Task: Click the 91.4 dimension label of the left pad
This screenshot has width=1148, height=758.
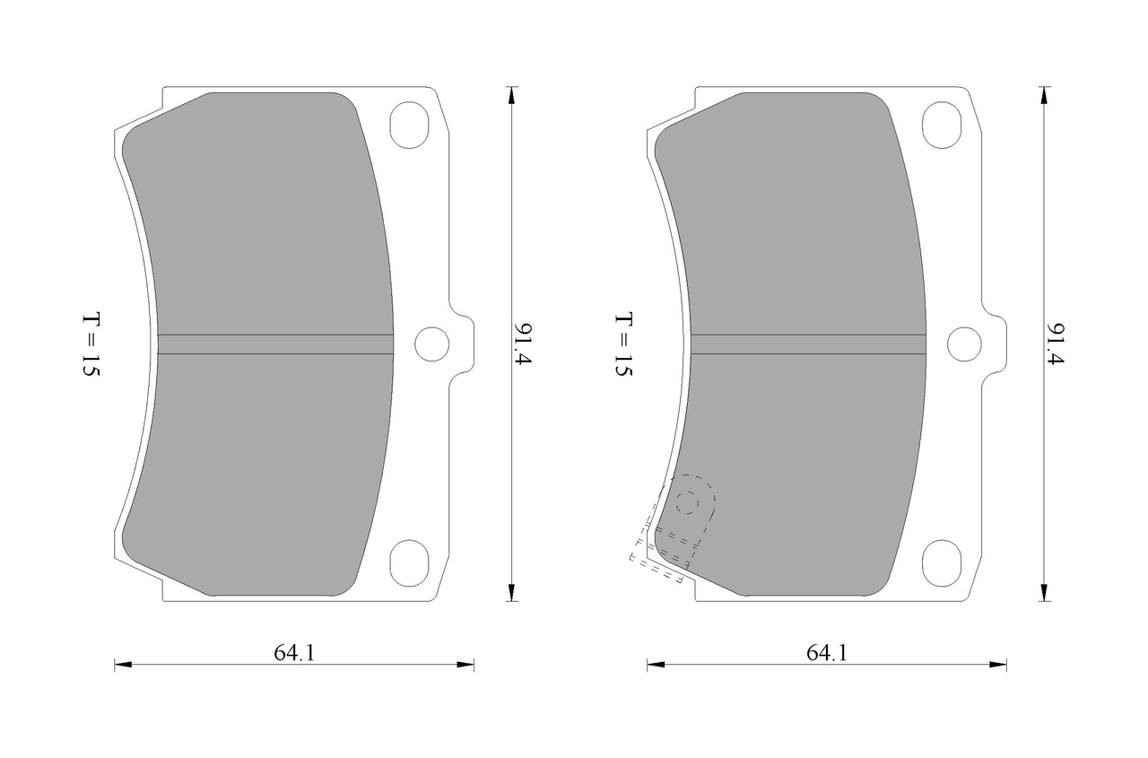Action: click(524, 344)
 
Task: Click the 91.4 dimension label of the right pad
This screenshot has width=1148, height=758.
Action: click(1056, 344)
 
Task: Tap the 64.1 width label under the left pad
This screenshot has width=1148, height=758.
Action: click(294, 653)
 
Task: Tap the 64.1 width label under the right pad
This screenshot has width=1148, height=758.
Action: click(827, 653)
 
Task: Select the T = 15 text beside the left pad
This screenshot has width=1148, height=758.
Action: click(91, 344)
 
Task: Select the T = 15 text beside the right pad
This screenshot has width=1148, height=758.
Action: click(623, 344)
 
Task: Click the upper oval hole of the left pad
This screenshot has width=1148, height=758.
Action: click(409, 125)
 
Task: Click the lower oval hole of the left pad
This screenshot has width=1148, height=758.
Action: click(409, 562)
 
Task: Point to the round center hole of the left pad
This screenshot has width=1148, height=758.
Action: click(431, 344)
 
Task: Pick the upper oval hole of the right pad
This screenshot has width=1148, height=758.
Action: click(942, 125)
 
